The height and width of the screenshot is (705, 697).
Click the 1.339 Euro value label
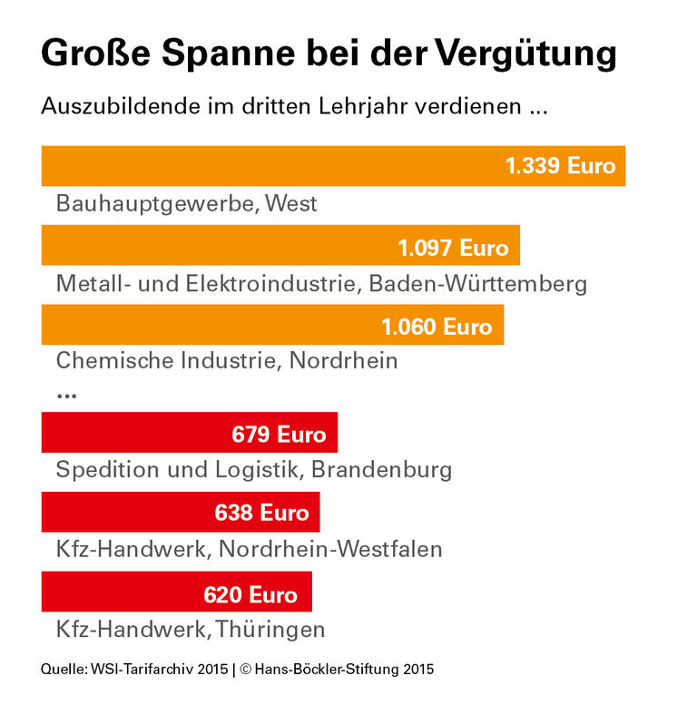(x=560, y=166)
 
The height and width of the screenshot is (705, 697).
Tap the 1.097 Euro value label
(x=453, y=247)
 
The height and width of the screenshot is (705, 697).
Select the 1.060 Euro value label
(x=437, y=326)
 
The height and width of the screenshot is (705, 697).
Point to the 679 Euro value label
(x=279, y=434)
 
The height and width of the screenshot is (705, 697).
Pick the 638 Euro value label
(x=261, y=514)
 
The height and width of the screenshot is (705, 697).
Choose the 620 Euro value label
(x=250, y=594)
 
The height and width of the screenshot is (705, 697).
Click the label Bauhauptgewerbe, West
(x=186, y=203)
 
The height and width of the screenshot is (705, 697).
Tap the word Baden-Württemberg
(x=477, y=283)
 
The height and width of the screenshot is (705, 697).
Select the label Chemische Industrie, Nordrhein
(x=227, y=361)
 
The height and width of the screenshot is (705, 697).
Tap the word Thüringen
(x=268, y=629)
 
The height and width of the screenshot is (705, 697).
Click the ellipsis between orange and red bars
(x=66, y=396)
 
